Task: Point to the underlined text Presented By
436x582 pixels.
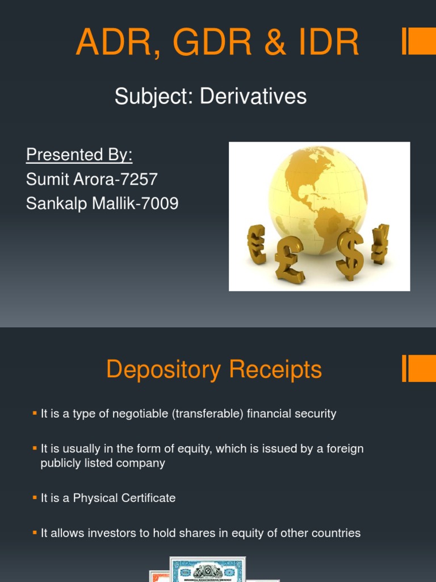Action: (x=79, y=155)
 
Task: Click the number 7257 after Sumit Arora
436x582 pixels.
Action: (x=139, y=179)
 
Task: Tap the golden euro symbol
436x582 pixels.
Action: (x=257, y=244)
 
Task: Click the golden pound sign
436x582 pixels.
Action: (x=289, y=259)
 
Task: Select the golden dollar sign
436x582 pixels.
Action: (x=350, y=253)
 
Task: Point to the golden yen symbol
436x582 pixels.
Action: (x=380, y=244)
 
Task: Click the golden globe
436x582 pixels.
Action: (x=317, y=196)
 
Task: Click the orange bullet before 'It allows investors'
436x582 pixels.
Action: (x=35, y=533)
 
